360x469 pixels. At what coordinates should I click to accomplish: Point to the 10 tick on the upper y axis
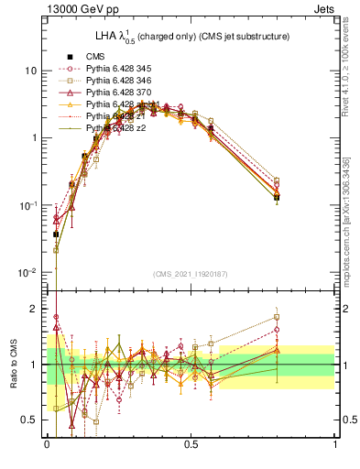30,71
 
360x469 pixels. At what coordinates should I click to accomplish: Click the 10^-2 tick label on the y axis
27,273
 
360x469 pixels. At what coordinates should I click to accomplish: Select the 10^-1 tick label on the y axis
27,206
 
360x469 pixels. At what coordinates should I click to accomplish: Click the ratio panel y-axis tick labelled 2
35,310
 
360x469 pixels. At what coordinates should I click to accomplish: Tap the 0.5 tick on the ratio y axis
30,420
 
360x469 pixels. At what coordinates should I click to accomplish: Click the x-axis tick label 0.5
191,443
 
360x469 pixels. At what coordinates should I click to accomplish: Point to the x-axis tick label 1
335,443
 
